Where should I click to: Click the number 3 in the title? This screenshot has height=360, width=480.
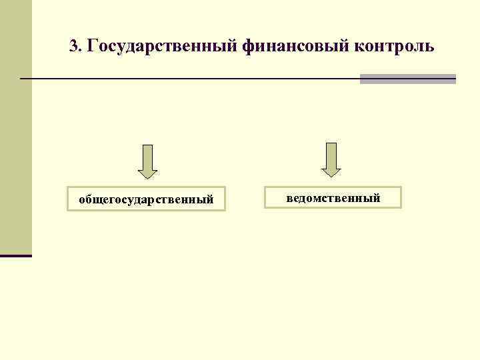coord(73,47)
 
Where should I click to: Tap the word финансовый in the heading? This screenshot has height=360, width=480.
coord(294,47)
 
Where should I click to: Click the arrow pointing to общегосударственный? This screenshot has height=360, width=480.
coord(147,162)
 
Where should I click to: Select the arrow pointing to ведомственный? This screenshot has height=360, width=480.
coord(331,160)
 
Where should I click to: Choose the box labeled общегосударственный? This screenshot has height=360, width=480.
coord(146,199)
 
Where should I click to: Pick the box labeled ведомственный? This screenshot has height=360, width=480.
coord(333,198)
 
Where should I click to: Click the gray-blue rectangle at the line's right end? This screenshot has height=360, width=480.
coord(407,79)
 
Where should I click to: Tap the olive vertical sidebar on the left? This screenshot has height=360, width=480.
coord(15,127)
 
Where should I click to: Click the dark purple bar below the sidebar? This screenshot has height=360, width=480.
coord(15,255)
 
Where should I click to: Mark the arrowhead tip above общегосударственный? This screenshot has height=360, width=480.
coord(147,178)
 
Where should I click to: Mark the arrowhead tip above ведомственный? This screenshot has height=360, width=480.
coord(331,176)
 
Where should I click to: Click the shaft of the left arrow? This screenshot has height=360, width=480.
coord(147,157)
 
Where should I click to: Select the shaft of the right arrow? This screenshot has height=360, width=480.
coord(331,155)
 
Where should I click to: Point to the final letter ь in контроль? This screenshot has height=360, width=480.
coord(430,47)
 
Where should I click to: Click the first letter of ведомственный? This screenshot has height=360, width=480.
coord(289,198)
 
